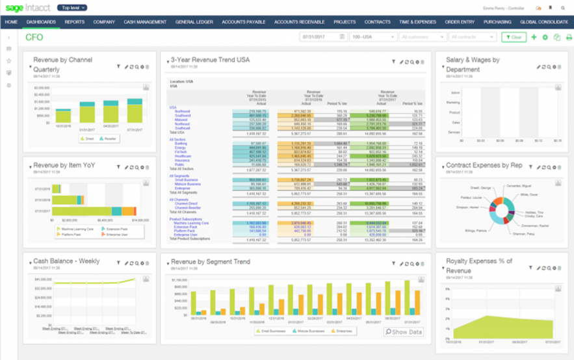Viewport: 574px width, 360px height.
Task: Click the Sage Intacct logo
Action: [27, 8]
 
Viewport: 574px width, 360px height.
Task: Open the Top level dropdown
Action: [72, 8]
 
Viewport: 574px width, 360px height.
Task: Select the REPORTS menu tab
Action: [74, 22]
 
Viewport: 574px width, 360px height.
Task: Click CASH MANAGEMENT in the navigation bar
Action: [146, 22]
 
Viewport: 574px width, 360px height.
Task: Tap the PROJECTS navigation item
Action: [345, 22]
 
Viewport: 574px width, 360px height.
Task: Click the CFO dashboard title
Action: [34, 37]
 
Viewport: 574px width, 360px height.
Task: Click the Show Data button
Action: [404, 332]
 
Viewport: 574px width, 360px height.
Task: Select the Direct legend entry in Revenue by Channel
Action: [88, 138]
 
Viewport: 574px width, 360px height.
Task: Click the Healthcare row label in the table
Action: [183, 156]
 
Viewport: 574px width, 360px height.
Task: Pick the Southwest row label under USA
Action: [182, 115]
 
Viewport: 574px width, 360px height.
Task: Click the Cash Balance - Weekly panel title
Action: [66, 261]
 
